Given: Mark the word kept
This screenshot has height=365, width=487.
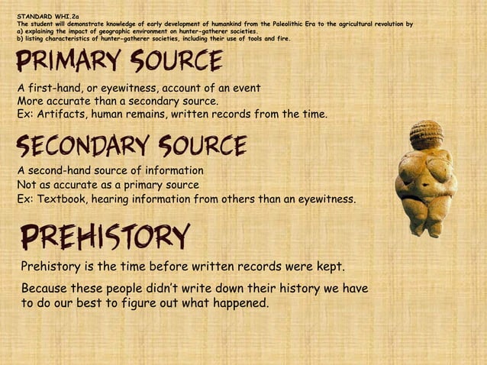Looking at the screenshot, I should tap(329, 266).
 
